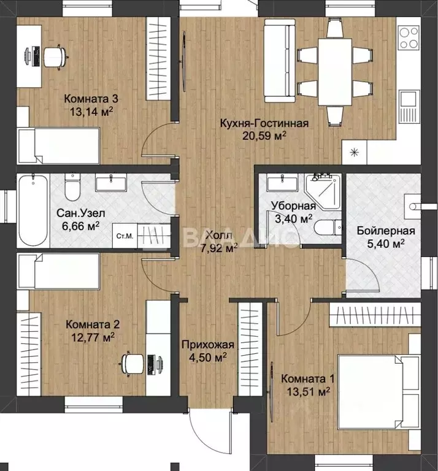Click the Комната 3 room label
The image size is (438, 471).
click(91, 99)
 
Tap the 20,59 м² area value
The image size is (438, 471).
click(264, 136)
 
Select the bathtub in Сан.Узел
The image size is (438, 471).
click(33, 210)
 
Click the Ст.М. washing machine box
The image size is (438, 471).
click(125, 235)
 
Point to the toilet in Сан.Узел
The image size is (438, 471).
click(72, 188)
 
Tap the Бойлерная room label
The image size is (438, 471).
click(386, 231)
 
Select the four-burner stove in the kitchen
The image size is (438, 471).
click(409, 37)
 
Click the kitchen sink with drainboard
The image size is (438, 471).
click(409, 106)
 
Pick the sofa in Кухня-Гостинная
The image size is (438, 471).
click(280, 61)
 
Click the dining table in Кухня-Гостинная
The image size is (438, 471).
click(335, 72)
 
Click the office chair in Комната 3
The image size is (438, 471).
click(55, 57)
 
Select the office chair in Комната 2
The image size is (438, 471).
click(131, 364)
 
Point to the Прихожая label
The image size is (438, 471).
click(207, 345)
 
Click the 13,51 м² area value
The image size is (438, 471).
click(308, 391)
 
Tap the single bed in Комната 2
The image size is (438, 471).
click(58, 271)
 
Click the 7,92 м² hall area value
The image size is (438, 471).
click(219, 248)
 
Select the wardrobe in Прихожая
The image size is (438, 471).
click(250, 348)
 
